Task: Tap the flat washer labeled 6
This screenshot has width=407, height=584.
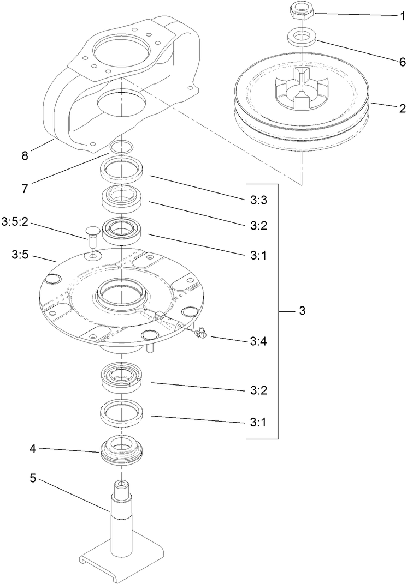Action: click(298, 39)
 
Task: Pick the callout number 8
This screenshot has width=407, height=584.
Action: click(25, 156)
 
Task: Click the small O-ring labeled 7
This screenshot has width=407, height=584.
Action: click(121, 147)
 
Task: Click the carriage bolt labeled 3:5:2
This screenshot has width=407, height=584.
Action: click(92, 236)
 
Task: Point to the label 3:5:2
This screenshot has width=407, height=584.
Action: click(15, 221)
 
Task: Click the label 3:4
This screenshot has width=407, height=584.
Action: click(258, 341)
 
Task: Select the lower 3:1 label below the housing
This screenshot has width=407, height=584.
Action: click(258, 422)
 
